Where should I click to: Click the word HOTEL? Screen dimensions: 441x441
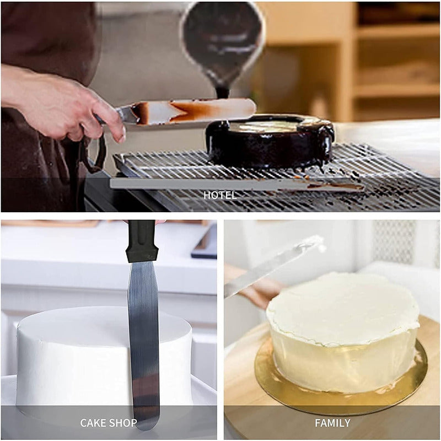coord(220,195)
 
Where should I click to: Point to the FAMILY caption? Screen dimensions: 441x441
coord(332,423)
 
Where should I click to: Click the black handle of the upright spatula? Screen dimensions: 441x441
coord(142,241)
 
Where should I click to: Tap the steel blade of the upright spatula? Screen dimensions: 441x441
coord(143,343)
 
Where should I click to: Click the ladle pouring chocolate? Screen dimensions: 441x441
coord(222,42)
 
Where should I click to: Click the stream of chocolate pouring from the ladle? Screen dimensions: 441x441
coord(223,89)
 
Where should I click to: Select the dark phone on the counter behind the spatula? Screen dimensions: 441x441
coord(204,241)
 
